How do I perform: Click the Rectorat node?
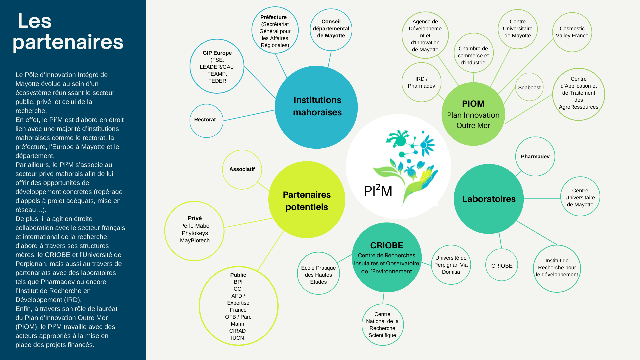pos(206,120)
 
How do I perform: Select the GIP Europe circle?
pos(217,66)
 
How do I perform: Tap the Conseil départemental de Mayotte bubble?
pos(331,29)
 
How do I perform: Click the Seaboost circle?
pos(529,87)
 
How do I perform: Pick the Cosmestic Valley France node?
pos(572,32)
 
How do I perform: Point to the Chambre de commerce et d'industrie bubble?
pos(473,53)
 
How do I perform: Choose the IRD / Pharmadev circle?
pos(421,82)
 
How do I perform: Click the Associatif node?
pos(242,169)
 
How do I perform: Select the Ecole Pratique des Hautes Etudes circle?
pos(318,274)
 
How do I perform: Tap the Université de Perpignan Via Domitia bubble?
pos(451,265)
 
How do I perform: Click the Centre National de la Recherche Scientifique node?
pos(382,325)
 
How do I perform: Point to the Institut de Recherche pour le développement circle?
pos(557,268)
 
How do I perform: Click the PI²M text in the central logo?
pos(378,191)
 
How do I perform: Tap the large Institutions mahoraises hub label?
pos(317,106)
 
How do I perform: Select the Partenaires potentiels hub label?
pos(307,201)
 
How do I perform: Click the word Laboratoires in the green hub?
pos(489,199)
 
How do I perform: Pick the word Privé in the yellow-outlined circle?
pos(195,218)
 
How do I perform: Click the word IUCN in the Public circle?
pos(237,338)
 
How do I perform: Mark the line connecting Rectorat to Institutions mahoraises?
pos(249,115)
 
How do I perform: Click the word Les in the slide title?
pos(35,21)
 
